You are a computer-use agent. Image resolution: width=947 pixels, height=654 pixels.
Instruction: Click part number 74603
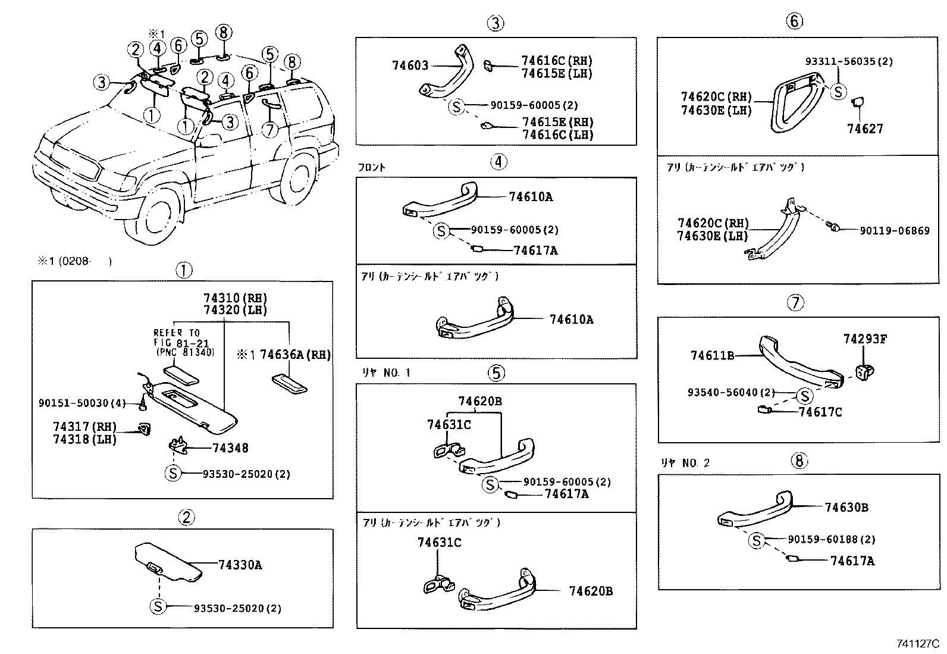click(410, 65)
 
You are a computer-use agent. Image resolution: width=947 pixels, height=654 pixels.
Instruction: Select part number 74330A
click(240, 565)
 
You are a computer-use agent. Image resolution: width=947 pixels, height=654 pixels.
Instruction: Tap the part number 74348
click(230, 448)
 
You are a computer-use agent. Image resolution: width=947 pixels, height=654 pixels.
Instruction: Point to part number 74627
click(865, 129)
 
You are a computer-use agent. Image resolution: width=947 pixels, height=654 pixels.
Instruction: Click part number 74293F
click(865, 339)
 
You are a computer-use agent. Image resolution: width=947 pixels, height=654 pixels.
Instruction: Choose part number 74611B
click(712, 355)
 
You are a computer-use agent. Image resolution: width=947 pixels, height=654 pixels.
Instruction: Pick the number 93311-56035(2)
click(849, 61)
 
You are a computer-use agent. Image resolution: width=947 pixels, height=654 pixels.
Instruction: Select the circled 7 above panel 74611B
click(795, 303)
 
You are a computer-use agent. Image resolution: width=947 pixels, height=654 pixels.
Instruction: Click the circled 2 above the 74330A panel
click(186, 518)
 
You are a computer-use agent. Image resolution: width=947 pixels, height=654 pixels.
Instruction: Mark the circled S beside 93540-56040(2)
click(804, 396)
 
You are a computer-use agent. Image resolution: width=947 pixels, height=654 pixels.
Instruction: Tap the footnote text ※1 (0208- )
click(74, 261)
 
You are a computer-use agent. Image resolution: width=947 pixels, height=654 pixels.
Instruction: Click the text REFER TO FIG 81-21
click(177, 337)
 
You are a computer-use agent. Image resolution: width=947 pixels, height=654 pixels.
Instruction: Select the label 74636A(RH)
click(295, 355)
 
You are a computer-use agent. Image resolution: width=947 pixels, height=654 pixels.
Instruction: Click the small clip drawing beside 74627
click(858, 102)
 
